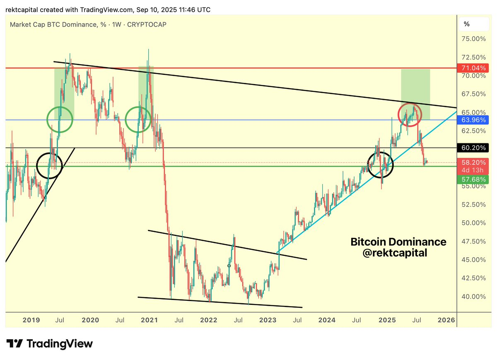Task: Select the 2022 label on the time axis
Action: [208, 320]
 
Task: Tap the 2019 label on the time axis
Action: [31, 320]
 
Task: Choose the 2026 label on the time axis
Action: [446, 320]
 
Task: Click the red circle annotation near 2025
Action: [410, 114]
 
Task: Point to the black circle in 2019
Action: [49, 166]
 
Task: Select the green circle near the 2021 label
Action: [138, 119]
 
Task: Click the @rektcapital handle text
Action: [394, 253]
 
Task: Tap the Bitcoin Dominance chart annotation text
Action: [398, 242]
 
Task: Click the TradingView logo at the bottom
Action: [49, 344]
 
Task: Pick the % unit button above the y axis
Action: [467, 24]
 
